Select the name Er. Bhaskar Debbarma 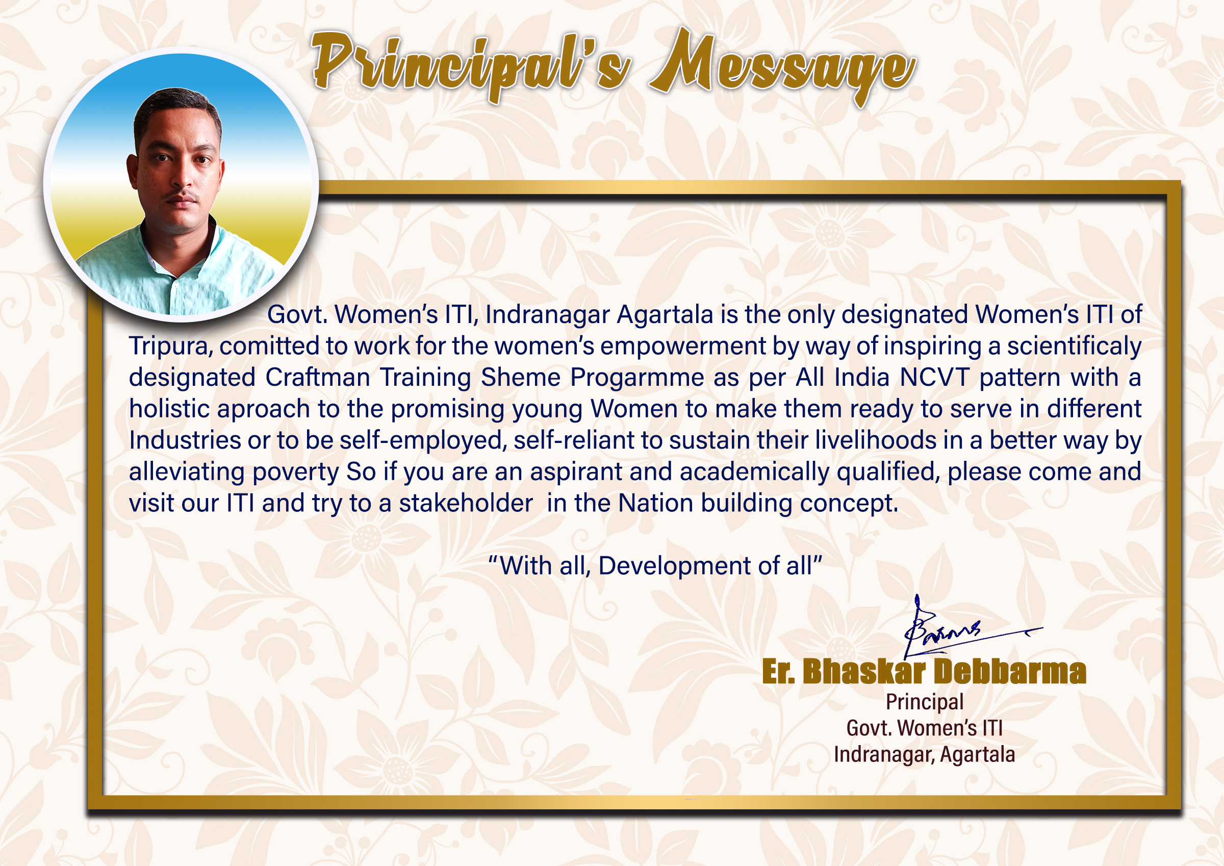click(924, 671)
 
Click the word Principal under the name click(925, 702)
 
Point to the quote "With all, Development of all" click(655, 565)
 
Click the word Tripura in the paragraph click(170, 347)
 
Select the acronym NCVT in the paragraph click(934, 377)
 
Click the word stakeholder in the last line click(466, 503)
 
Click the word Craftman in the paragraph click(317, 377)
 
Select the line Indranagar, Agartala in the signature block click(925, 754)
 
